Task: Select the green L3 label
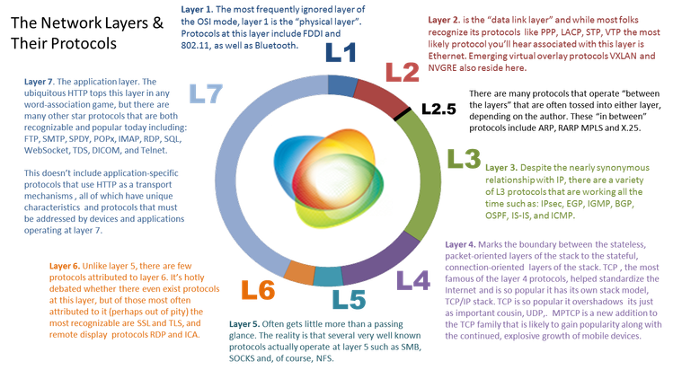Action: click(465, 161)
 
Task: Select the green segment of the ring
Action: click(426, 171)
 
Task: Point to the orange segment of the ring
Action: click(299, 267)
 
